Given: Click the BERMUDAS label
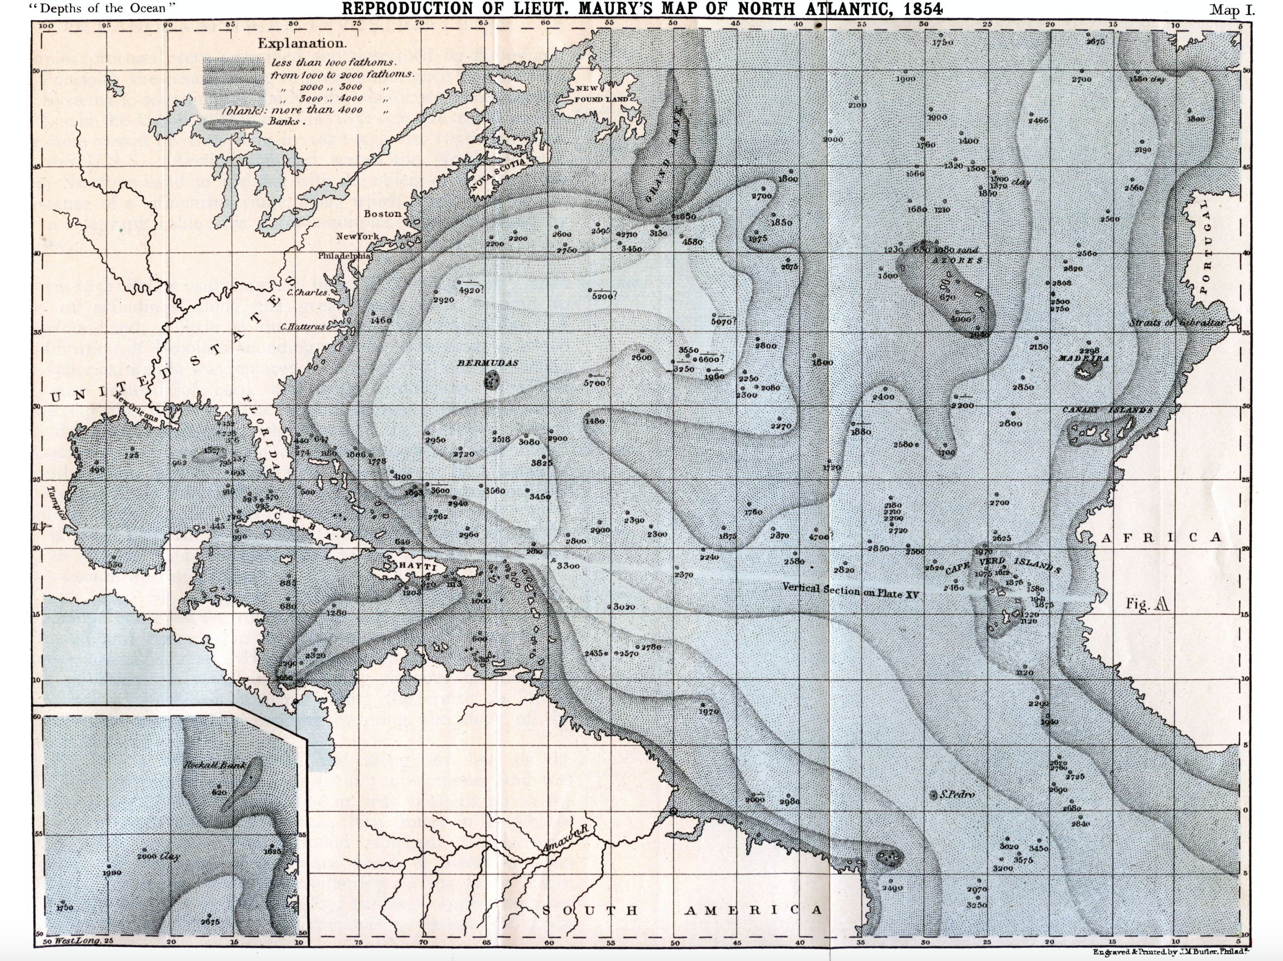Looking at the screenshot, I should click(488, 363).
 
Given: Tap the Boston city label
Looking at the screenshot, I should click(382, 213).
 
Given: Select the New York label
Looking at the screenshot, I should click(357, 237).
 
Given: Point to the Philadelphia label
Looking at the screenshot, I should click(345, 255).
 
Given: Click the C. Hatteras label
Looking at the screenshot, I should click(303, 327).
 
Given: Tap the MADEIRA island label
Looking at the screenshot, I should click(1083, 359).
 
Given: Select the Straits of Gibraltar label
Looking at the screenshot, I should click(1177, 323).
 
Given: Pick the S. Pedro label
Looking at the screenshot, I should click(957, 794).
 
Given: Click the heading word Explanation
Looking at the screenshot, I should click(302, 43).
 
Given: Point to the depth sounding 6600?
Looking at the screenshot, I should click(711, 359).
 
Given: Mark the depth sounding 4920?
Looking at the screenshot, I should click(471, 290).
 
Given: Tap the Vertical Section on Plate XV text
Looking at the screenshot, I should click(850, 590).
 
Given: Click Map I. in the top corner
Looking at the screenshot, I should click(1231, 10).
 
